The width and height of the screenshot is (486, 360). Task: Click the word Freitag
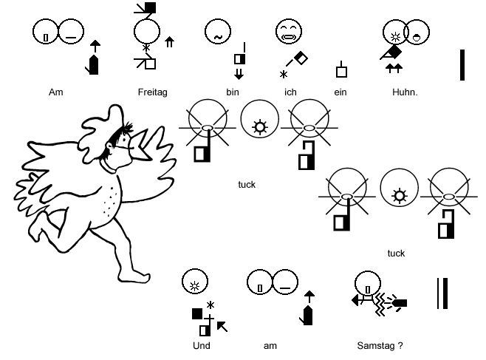pos(152,92)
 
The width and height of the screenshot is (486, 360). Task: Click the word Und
pos(202,345)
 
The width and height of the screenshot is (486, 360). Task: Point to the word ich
pos(290,92)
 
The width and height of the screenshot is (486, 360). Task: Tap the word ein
pos(341,92)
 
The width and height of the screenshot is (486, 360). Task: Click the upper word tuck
pos(247,185)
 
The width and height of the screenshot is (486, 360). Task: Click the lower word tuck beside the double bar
pos(396,253)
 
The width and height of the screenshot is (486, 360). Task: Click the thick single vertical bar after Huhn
pos(462,64)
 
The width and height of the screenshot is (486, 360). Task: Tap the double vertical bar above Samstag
pos(441,292)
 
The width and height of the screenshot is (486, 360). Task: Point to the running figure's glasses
pos(117,140)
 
